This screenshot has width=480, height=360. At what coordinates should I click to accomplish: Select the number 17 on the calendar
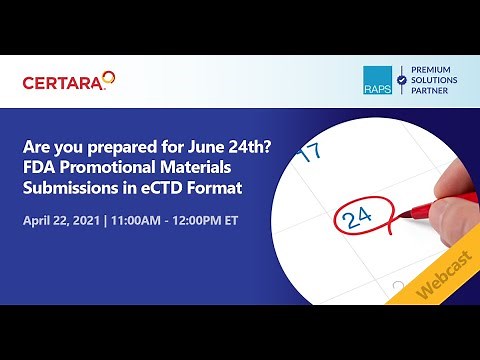(x=310, y=152)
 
